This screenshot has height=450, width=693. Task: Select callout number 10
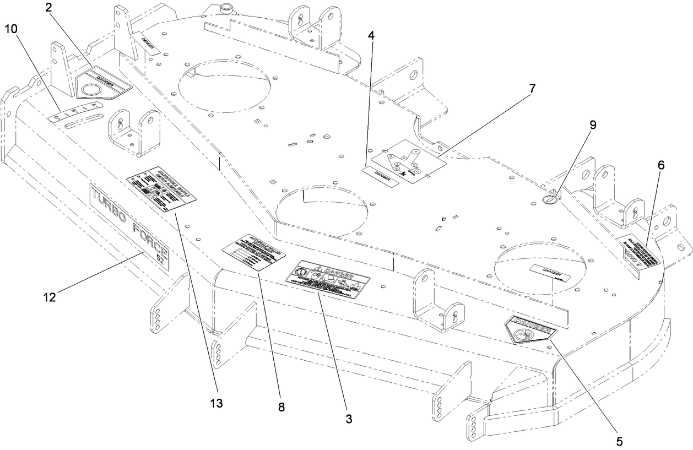(x=11, y=29)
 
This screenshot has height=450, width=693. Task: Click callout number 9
(x=593, y=125)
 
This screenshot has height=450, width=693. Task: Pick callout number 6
(x=661, y=165)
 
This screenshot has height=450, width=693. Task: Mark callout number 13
(x=216, y=403)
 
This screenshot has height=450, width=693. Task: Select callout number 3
(x=348, y=419)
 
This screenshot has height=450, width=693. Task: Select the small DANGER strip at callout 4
(x=382, y=175)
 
